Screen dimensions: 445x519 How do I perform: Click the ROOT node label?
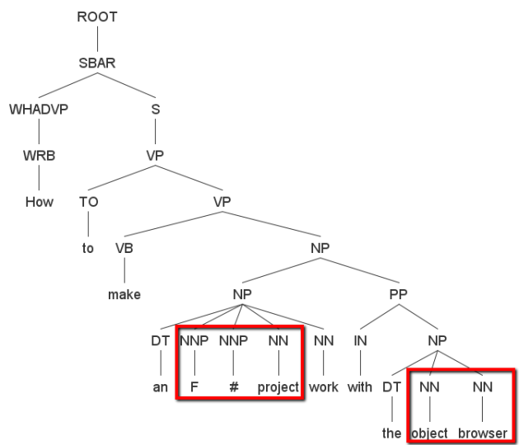point(97,17)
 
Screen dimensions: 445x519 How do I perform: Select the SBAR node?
point(97,62)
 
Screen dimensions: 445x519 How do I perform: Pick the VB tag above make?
point(124,248)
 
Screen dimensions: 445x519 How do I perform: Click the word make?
point(124,294)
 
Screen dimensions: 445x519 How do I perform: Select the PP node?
point(397,294)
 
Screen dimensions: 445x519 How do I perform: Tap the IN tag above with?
point(359,340)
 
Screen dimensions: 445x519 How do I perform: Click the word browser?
point(481,432)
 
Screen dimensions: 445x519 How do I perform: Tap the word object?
point(429,432)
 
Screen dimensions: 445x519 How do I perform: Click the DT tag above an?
point(160,340)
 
